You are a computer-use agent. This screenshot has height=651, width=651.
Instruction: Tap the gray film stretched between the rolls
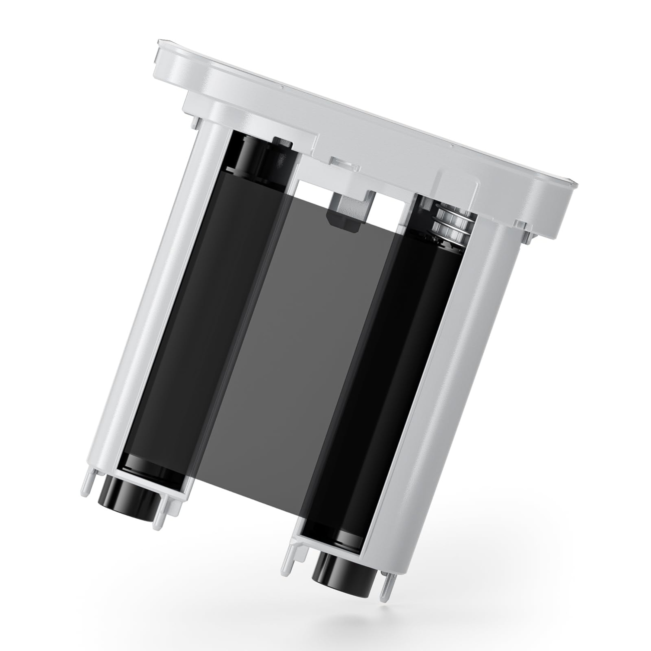(x=290, y=354)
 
